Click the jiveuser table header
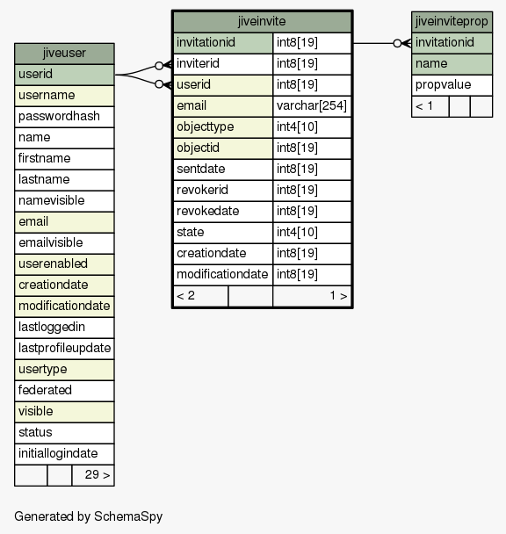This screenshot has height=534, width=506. click(x=64, y=54)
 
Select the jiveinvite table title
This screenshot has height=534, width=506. click(x=262, y=21)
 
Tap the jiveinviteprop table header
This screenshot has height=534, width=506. click(x=452, y=22)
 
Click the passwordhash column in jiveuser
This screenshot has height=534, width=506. click(x=64, y=117)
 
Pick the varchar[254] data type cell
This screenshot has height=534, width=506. click(x=312, y=106)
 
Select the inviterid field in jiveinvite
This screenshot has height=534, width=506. click(x=223, y=64)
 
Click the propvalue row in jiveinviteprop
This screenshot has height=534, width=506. click(x=452, y=85)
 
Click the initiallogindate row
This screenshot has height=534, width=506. click(x=64, y=454)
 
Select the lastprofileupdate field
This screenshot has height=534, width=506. click(x=64, y=349)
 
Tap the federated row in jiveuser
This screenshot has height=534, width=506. click(x=64, y=391)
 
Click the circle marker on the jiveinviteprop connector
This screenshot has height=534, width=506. click(x=397, y=43)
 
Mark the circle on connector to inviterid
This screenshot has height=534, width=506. click(x=159, y=65)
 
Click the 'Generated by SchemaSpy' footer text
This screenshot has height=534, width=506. click(x=88, y=516)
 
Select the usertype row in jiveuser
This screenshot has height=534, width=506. click(x=64, y=370)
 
